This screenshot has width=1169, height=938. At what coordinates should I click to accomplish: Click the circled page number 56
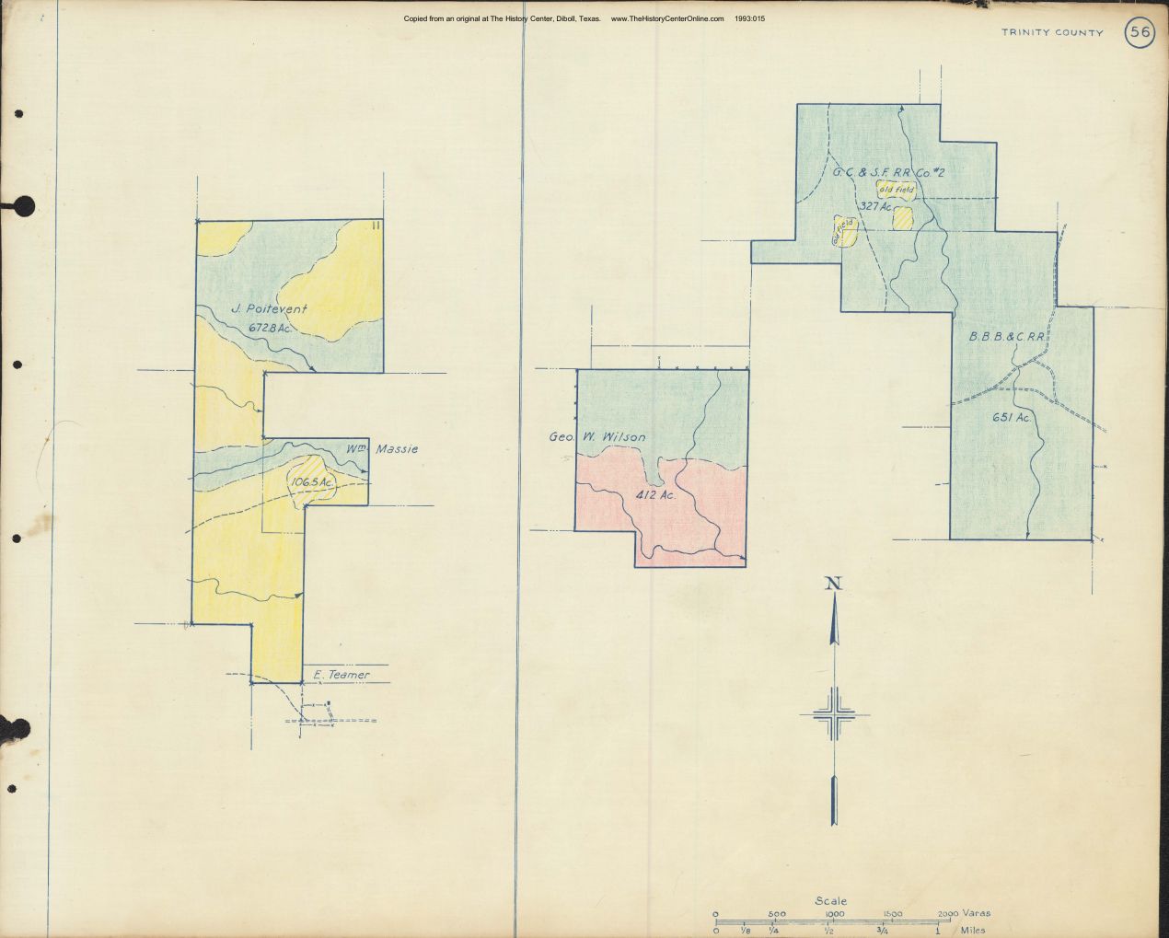click(x=1140, y=33)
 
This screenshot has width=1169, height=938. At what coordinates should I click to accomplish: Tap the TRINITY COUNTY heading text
click(x=1052, y=33)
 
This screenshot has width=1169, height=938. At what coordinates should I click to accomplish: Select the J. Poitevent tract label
click(x=270, y=309)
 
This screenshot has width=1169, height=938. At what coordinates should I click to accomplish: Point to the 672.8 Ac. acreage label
click(x=275, y=328)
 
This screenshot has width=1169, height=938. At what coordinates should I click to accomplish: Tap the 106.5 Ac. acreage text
click(x=312, y=481)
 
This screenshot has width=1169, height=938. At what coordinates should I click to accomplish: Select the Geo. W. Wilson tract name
click(x=597, y=437)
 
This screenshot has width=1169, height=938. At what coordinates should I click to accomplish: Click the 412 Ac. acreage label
click(x=656, y=494)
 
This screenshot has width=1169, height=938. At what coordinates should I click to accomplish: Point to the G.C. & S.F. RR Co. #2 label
click(x=879, y=172)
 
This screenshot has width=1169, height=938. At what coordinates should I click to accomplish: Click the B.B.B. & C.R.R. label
click(x=1007, y=337)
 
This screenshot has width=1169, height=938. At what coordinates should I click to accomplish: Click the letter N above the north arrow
click(x=834, y=582)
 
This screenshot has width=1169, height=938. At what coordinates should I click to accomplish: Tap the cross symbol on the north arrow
click(x=834, y=715)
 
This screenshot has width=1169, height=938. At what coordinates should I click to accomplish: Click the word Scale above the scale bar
click(x=830, y=901)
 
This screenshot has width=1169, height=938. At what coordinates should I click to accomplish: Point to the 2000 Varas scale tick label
click(x=949, y=913)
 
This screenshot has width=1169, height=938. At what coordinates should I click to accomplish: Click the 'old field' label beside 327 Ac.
click(x=897, y=191)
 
